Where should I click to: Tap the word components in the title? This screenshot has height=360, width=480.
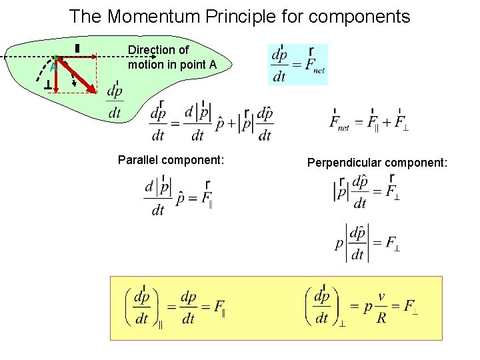coord(361,16)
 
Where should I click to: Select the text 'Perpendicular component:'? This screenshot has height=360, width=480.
coord(377,162)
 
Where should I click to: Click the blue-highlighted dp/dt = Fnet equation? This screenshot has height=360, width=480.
coord(297,65)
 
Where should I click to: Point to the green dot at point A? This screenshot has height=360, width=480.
coord(57,58)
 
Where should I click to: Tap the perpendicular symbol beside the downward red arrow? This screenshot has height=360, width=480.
coord(47,87)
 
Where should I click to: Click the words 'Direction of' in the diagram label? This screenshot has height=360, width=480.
coord(159,50)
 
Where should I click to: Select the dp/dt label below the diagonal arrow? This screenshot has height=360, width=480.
coord(115,102)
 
